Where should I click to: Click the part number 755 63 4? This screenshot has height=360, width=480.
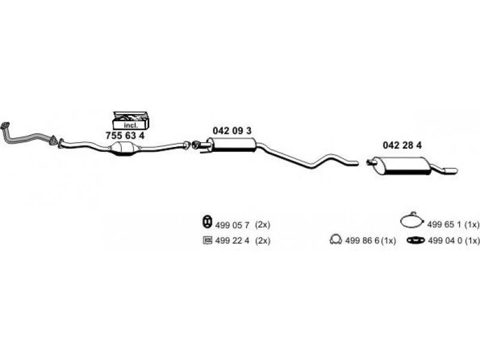[x=125, y=136]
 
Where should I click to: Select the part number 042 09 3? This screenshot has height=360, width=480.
[x=232, y=131]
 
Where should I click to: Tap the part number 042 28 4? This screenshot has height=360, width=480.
[x=402, y=145]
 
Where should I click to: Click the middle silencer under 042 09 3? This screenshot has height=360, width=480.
[x=233, y=145]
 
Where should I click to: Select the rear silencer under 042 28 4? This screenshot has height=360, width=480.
[x=403, y=166]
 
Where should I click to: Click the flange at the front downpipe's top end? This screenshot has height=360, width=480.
[x=5, y=125]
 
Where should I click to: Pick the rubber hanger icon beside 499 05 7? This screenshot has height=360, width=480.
[x=208, y=221]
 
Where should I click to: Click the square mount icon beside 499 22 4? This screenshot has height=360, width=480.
[x=208, y=241]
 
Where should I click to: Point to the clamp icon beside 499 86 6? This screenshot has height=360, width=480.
[x=336, y=239]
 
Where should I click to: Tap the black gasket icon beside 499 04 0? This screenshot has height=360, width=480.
[x=416, y=241]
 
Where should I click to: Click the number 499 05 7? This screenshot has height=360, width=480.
[x=232, y=225]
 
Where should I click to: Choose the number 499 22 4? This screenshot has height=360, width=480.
[x=232, y=241]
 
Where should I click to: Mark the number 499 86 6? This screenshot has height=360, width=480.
[x=362, y=241]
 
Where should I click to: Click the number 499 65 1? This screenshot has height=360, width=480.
[x=444, y=224]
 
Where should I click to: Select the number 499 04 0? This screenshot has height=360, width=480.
[x=445, y=241]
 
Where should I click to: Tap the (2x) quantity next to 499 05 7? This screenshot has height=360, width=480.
[x=263, y=225]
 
